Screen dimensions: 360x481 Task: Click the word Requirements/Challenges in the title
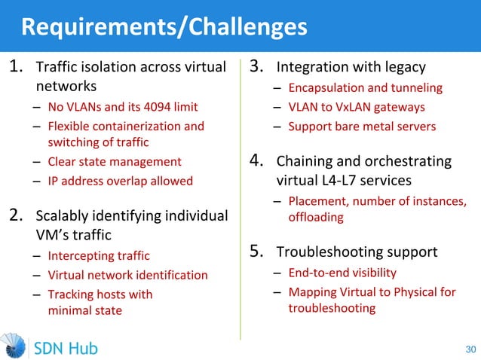(164, 27)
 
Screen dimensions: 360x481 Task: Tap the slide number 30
(470, 349)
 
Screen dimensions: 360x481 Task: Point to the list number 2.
(17, 216)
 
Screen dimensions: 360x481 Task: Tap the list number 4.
(258, 160)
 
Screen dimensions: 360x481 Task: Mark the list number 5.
(258, 251)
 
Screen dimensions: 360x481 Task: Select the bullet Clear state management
(115, 161)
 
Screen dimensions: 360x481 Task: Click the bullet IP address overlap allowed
(120, 181)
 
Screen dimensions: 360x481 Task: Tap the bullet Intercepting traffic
(99, 256)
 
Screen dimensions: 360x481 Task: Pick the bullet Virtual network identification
(127, 275)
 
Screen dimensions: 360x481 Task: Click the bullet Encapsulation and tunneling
(365, 88)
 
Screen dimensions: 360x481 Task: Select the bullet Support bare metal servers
(362, 126)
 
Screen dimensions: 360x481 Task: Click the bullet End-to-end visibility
(342, 272)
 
